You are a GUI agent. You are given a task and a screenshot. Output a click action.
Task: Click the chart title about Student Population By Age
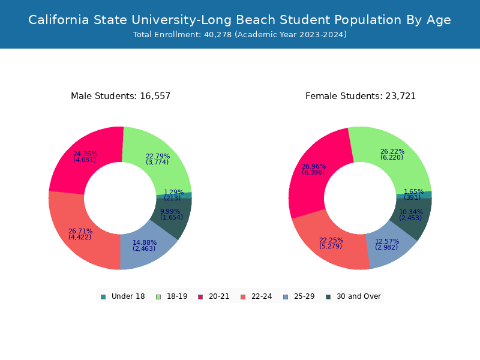pos(240,20)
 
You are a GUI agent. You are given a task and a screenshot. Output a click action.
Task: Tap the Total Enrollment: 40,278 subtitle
pos(240,35)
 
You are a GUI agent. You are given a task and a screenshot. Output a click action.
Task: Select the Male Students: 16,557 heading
pos(121,96)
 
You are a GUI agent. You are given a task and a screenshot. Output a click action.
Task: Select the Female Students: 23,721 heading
pos(361,96)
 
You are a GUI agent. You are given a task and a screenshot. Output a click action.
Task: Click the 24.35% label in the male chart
pos(85,154)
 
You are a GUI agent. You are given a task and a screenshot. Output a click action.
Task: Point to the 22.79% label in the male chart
pos(158,157)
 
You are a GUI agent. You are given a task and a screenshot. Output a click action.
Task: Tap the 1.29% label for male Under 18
pos(174,193)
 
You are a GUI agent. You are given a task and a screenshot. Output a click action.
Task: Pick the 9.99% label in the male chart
pos(170,211)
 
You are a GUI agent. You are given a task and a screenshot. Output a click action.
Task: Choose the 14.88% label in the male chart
pos(145,242)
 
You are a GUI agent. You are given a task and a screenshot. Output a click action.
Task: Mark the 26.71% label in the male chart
pos(80,231)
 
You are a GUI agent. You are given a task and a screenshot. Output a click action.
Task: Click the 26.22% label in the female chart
pos(392,152)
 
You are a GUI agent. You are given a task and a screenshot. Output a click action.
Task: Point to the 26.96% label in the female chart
pos(314,167)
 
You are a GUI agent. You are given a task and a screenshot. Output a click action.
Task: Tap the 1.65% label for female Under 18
pos(414,191)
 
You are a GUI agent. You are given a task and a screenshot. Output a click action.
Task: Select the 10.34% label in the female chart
pos(411,212)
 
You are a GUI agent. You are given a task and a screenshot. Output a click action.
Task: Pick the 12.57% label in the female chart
pos(387,241)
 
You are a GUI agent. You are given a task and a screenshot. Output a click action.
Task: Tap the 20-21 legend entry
pos(214,296)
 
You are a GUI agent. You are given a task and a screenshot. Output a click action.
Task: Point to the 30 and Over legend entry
pos(353,296)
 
